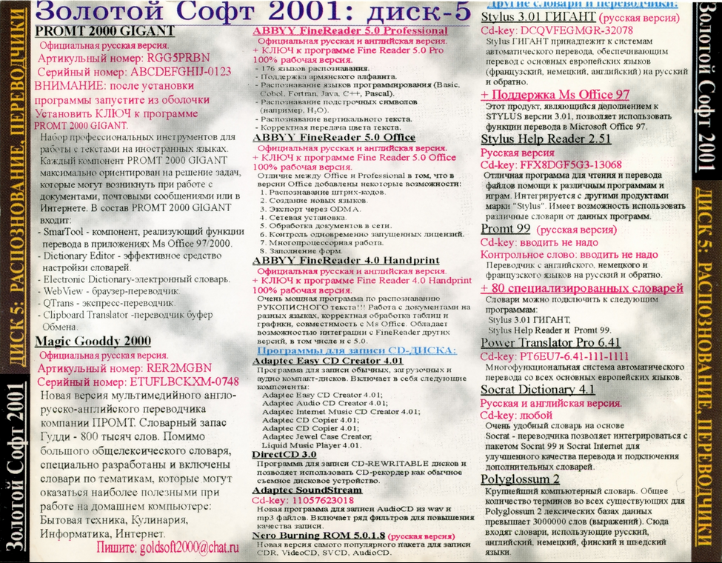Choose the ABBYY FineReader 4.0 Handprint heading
(x=346, y=261)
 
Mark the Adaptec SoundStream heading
(x=308, y=490)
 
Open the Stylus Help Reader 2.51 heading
(x=546, y=139)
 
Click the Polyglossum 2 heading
(x=520, y=479)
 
